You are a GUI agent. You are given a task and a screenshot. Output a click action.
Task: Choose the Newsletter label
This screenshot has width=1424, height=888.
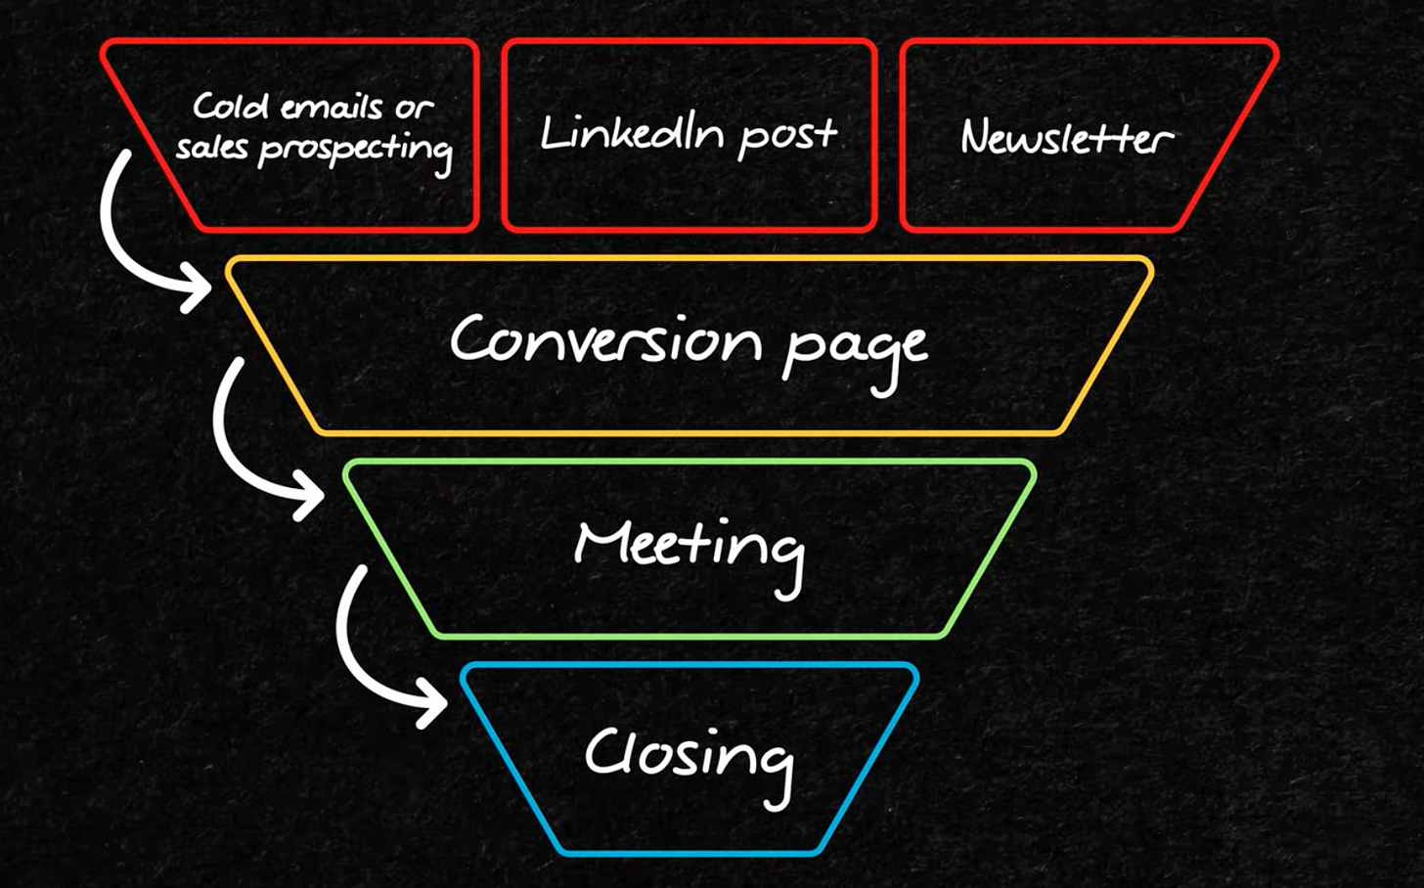(x=1066, y=137)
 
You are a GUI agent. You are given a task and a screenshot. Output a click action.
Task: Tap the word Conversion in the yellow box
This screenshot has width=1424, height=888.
(x=604, y=339)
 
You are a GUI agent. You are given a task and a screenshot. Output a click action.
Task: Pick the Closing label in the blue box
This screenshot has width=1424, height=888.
(x=690, y=755)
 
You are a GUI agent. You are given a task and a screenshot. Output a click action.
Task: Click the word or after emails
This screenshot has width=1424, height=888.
(x=414, y=107)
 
